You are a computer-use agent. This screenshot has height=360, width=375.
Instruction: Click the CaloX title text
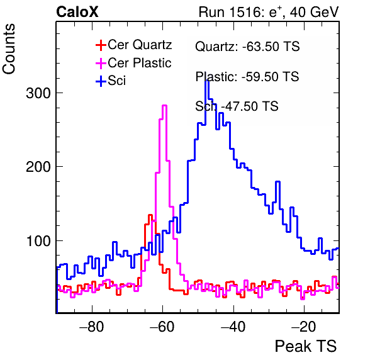coord(77,12)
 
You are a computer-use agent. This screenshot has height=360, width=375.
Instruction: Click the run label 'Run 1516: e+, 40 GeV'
coord(269,12)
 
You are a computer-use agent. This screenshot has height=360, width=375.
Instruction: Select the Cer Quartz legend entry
coord(134,45)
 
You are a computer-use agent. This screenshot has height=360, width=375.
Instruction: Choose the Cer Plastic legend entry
coord(133,63)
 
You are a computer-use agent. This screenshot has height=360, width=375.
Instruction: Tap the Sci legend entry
coord(111,81)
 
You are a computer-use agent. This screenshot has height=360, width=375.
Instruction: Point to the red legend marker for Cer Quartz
coord(101,45)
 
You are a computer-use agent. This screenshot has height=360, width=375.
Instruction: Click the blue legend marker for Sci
coord(101,81)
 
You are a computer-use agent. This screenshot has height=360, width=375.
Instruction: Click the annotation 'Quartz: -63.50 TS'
coord(247,47)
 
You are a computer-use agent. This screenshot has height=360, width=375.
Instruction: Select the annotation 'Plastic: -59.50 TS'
coord(247,77)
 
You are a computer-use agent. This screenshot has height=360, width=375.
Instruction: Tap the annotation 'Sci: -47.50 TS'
coord(237,106)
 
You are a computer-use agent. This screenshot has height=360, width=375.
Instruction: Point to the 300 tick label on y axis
coord(38,93)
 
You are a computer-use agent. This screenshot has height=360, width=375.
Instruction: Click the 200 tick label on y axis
coord(38,167)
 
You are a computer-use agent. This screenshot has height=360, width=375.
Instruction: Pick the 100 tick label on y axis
coord(39,241)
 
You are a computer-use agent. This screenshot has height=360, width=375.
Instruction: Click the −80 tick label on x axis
coord(92,326)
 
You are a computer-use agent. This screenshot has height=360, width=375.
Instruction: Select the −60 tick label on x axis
coord(162,326)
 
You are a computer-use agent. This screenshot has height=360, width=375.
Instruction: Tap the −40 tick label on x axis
coord(233,326)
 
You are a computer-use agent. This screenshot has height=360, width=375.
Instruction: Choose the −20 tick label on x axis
coord(304,326)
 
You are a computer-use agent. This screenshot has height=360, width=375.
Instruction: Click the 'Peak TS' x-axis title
coord(306,346)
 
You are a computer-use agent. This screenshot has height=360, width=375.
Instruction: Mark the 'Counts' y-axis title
coord(9,49)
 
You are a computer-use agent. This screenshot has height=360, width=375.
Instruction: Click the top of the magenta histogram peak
coord(164,105)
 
